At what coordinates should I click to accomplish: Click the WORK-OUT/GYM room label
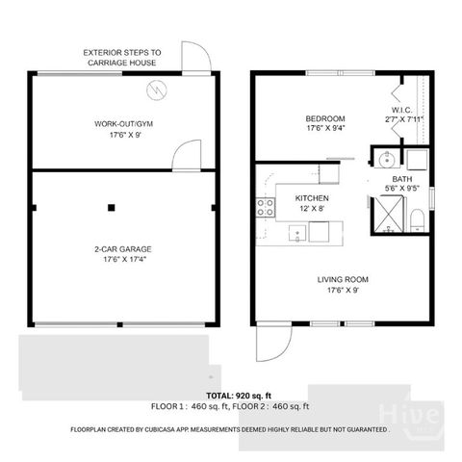click(123, 124)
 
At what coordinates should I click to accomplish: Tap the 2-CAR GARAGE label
click(123, 249)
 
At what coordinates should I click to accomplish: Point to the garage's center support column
click(112, 206)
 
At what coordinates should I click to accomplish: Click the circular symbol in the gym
click(156, 90)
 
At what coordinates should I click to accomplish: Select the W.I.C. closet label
click(402, 110)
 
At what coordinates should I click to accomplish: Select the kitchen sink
click(297, 232)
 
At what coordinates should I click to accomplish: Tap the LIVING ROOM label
click(344, 281)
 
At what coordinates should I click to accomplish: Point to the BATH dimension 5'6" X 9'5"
click(403, 189)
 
